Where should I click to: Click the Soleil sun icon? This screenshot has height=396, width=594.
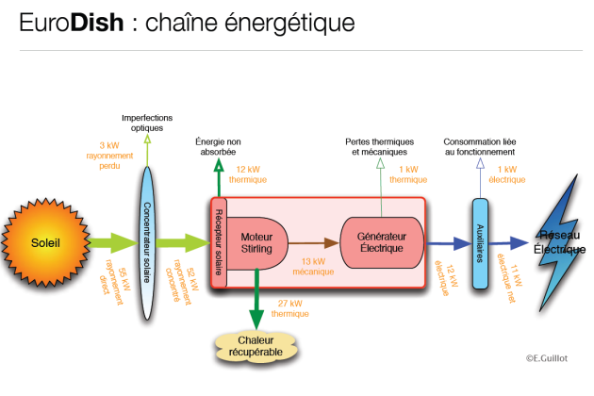coord(45,242)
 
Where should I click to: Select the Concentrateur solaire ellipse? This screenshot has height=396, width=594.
coord(147,242)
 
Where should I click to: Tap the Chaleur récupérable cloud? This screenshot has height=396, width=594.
coord(256,346)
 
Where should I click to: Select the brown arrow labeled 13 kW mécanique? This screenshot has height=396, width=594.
coord(310,242)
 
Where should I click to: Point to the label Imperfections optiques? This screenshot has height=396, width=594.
coord(148,123)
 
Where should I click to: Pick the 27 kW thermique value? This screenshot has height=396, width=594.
coord(290,308)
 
